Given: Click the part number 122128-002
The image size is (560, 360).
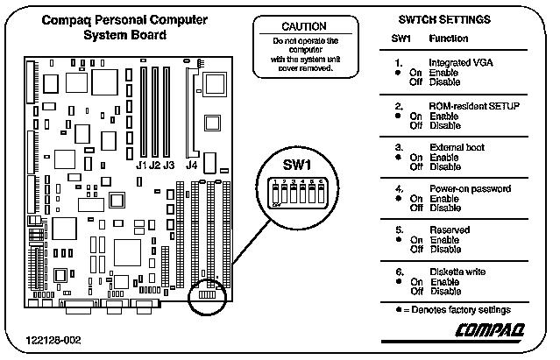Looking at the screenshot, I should [x=53, y=338].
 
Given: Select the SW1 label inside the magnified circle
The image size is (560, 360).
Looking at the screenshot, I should [x=296, y=166].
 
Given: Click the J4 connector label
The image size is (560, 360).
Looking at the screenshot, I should [x=190, y=165].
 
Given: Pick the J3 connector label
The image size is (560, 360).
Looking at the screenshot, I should [x=170, y=165].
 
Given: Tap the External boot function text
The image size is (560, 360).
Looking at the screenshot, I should [x=457, y=147].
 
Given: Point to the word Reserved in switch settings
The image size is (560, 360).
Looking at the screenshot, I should [x=449, y=230].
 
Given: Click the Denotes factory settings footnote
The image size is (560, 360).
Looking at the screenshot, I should [x=457, y=309].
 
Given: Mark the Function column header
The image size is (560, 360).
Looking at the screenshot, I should [x=448, y=39].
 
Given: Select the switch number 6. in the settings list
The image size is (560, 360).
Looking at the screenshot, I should [x=399, y=272].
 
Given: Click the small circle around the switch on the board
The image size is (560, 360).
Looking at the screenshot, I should [x=209, y=295].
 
